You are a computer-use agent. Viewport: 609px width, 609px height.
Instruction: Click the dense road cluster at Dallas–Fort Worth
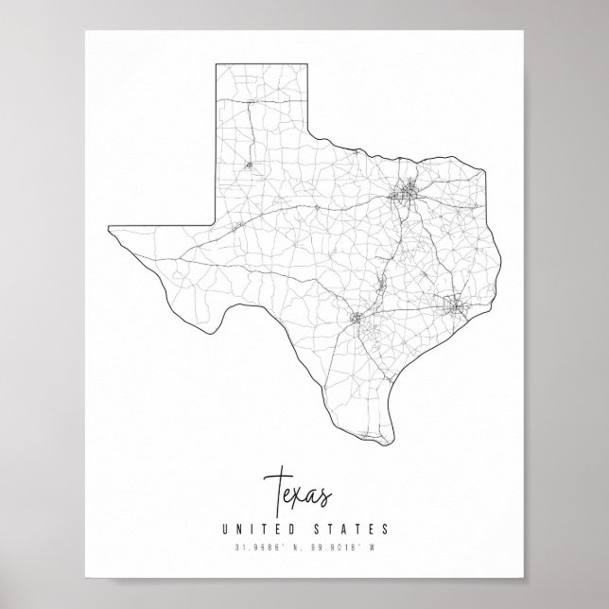coord(408,196)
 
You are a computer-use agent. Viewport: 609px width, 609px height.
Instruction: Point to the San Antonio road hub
coord(357,319)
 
